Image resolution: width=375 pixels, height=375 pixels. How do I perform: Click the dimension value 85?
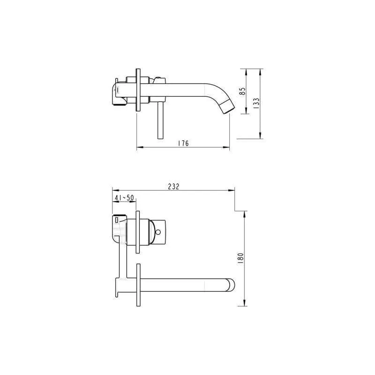[242, 91]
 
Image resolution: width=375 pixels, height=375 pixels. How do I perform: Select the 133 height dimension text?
[255, 103]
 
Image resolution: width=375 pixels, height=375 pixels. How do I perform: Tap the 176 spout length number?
[183, 144]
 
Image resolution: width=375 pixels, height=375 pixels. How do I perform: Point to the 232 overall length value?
[173, 186]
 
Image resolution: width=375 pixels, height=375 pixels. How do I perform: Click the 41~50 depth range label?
[124, 198]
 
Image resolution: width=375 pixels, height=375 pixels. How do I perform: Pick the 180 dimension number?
[240, 258]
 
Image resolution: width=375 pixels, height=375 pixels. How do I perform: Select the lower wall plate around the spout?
[138, 286]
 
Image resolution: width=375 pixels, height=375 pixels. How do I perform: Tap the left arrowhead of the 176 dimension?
[138, 149]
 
